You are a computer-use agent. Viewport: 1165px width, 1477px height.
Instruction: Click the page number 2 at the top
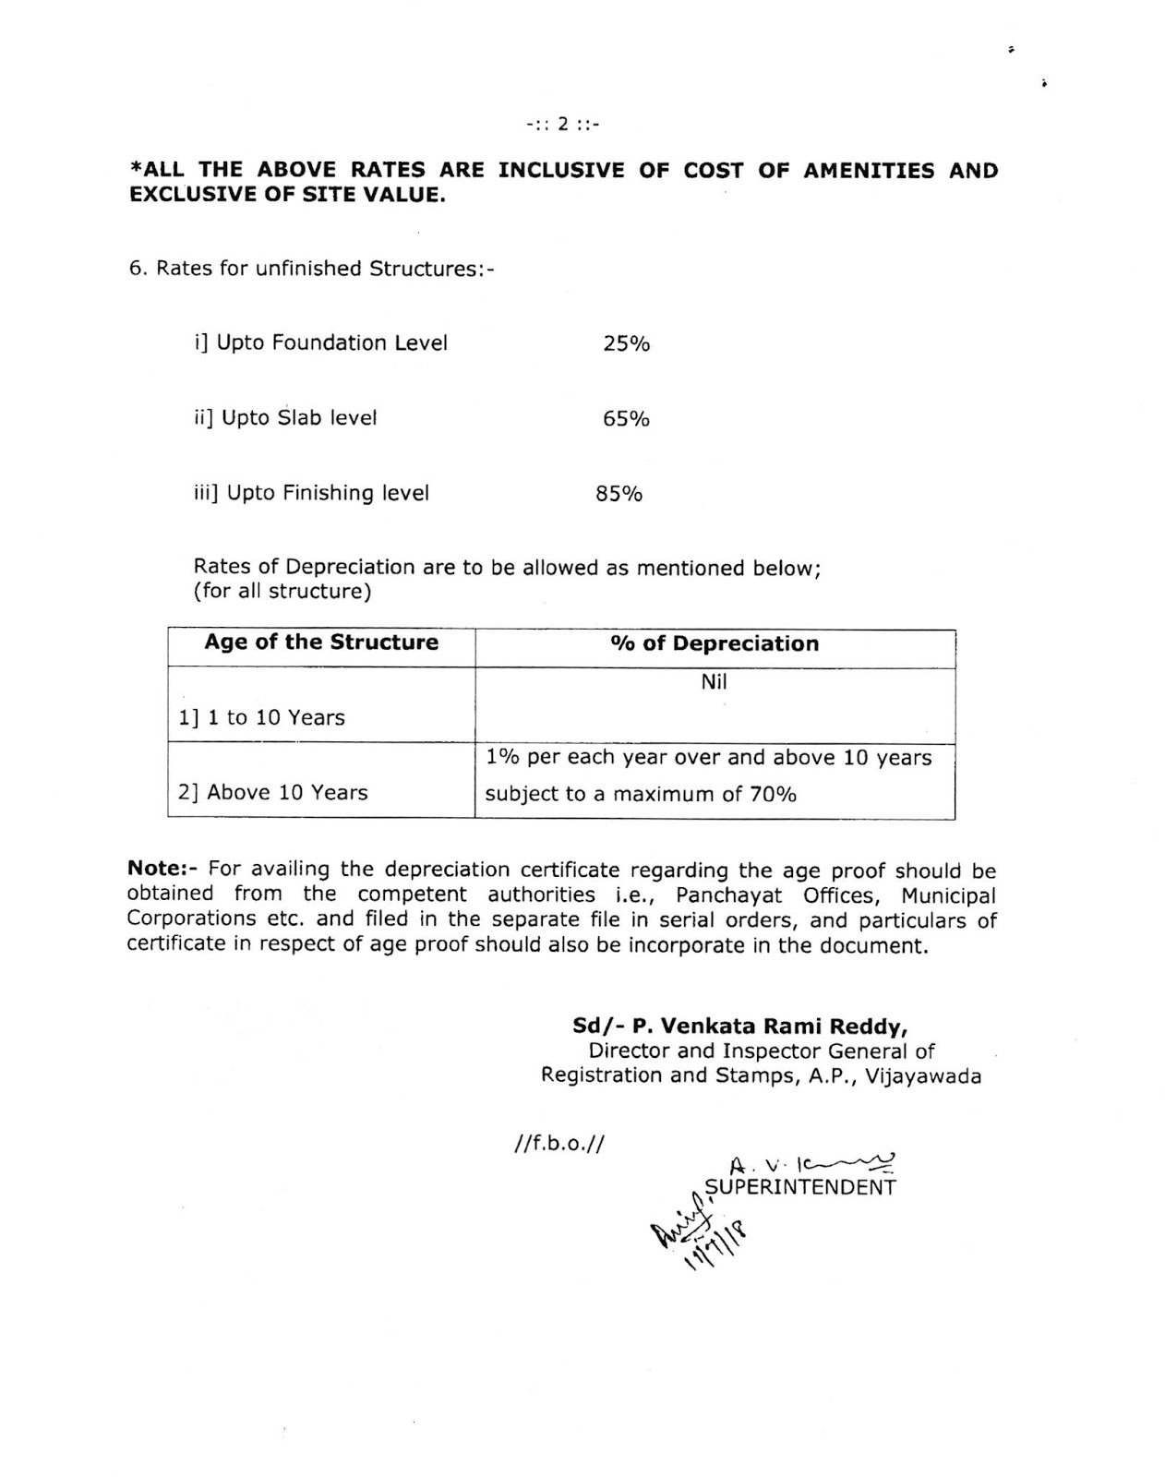[562, 124]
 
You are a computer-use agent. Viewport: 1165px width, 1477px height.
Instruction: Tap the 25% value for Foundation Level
[626, 344]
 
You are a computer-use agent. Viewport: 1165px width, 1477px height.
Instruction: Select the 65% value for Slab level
[626, 419]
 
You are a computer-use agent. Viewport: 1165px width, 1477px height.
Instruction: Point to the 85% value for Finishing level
[619, 494]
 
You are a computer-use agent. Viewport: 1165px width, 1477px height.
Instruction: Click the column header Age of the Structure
[321, 642]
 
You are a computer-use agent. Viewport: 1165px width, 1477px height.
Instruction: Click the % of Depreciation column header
[714, 644]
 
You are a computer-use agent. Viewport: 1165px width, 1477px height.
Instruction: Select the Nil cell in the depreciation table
[714, 682]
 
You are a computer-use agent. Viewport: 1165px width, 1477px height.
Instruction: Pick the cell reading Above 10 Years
[273, 793]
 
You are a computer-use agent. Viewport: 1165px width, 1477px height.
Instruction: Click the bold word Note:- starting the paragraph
[162, 870]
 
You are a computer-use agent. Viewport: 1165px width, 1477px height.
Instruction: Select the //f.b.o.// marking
[558, 1145]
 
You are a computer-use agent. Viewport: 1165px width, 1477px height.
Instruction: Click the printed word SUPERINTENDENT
[799, 1188]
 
